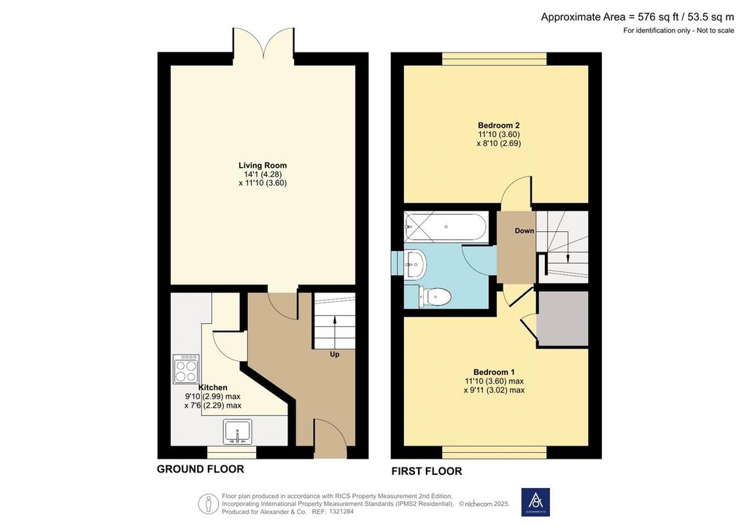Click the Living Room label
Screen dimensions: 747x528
[263, 166]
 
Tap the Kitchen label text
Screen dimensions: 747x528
[213, 387]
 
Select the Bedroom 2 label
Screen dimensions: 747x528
[499, 125]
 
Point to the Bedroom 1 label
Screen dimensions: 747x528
[494, 372]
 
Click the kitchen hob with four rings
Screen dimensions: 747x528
[186, 369]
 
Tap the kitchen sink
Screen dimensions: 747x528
[238, 432]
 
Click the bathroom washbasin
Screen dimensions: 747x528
[414, 263]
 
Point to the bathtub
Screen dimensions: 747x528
[446, 227]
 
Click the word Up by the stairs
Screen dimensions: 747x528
[335, 354]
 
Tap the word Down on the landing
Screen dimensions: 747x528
[525, 231]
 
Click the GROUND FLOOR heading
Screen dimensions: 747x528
[201, 469]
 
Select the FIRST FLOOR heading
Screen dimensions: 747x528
[427, 471]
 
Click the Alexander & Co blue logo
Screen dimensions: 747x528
[535, 502]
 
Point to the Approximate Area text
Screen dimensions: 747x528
[638, 18]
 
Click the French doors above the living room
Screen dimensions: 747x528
[263, 46]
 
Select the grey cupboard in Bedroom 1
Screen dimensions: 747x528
[562, 319]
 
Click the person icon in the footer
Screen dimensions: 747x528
[208, 503]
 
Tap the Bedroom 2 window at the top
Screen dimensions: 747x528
[495, 59]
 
